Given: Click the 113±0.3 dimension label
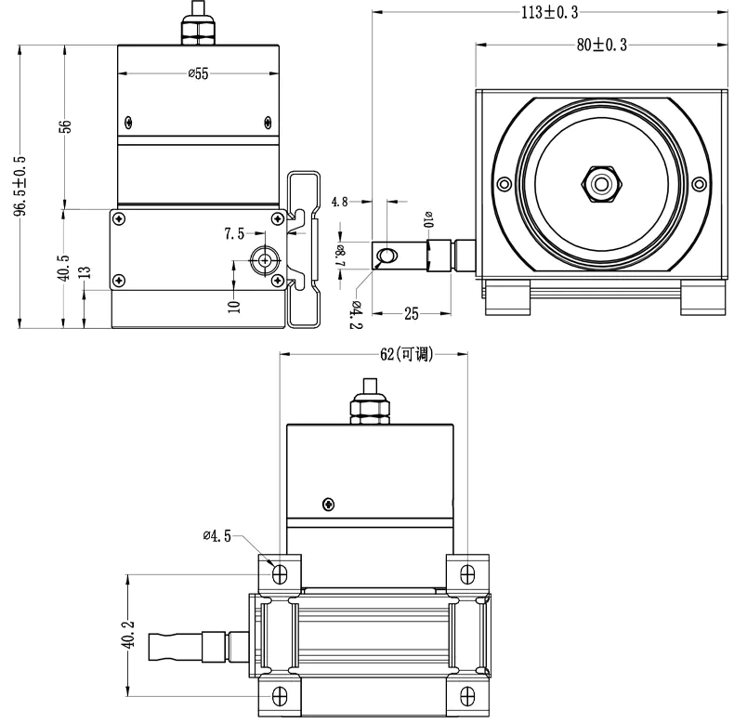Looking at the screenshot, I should (x=549, y=12).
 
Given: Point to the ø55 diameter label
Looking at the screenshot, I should (x=197, y=75).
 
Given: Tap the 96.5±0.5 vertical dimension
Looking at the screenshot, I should (x=20, y=186).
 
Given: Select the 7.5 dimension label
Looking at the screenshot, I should (x=234, y=234).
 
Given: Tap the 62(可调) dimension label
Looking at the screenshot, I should (x=407, y=354).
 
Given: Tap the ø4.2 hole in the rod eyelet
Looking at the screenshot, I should (x=387, y=255).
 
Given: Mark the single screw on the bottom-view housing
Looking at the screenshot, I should (x=327, y=504).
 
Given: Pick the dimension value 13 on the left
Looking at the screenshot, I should (x=85, y=272).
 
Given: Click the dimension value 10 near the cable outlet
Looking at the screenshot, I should (x=232, y=303).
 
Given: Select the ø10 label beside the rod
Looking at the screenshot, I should (x=428, y=220).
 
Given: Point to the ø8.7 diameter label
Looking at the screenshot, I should (x=341, y=252).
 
